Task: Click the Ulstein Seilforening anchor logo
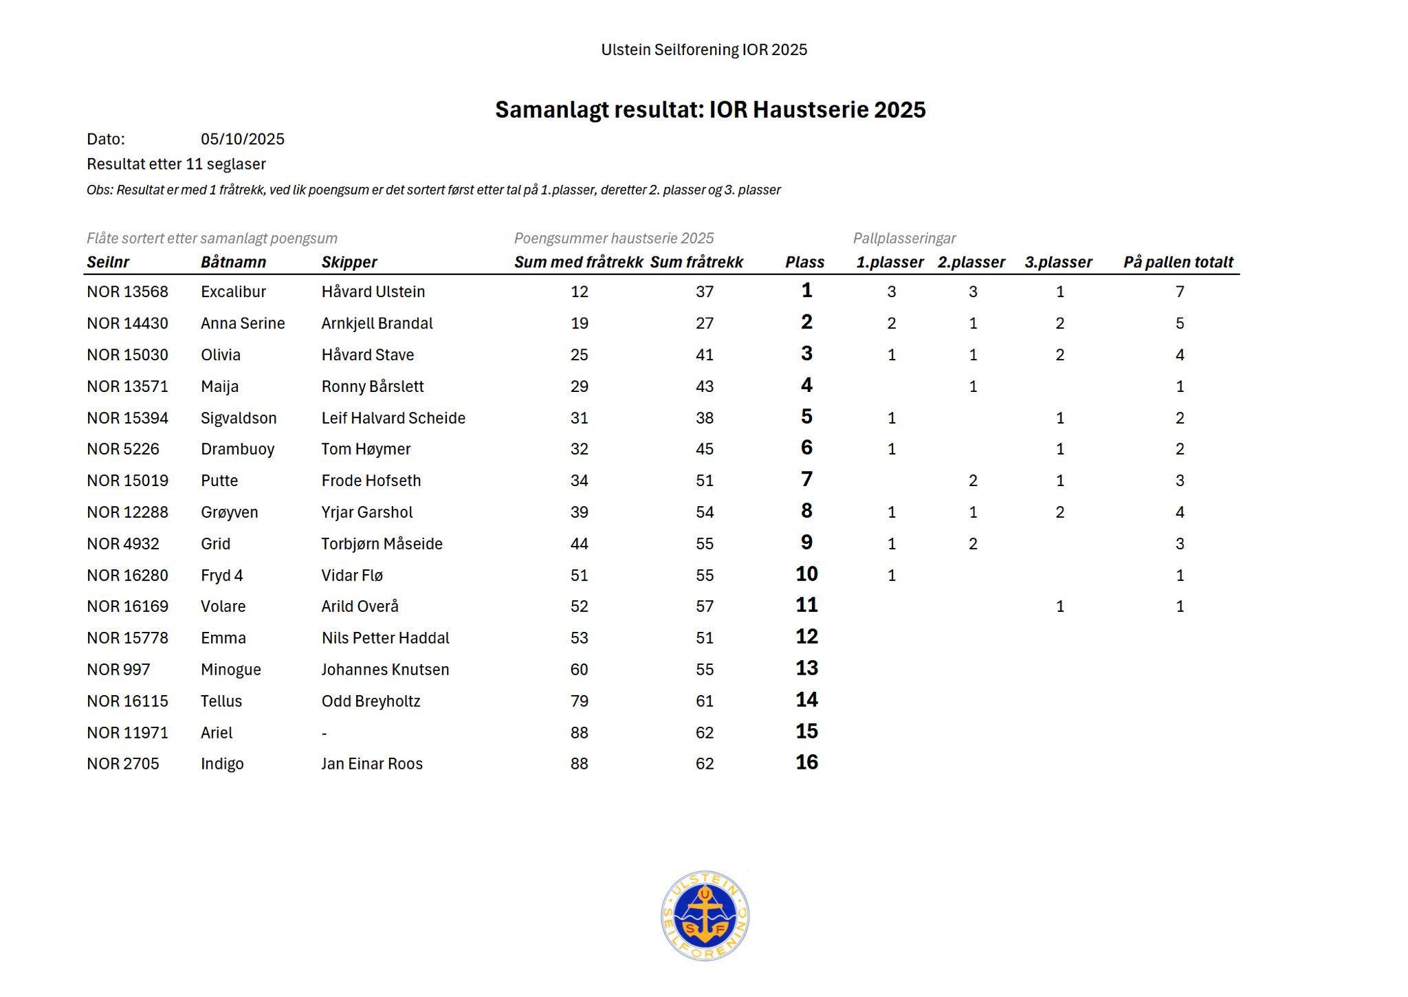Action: [x=705, y=916]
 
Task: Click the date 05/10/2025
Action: [x=242, y=140]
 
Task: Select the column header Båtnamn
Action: [x=233, y=262]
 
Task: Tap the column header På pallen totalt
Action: [x=1178, y=262]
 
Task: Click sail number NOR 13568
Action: [x=127, y=292]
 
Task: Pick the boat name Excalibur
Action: [x=233, y=292]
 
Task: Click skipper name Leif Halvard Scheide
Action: [x=393, y=418]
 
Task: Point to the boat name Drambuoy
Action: [x=237, y=449]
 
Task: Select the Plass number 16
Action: [x=806, y=763]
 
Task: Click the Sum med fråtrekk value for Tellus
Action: [x=579, y=701]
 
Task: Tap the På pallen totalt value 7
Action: [x=1180, y=292]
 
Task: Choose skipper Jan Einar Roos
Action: [x=372, y=764]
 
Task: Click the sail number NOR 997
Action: [x=118, y=670]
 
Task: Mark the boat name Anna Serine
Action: [x=243, y=323]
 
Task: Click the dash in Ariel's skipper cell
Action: [x=324, y=734]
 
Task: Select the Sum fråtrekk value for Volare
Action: [x=704, y=606]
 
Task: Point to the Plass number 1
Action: [x=806, y=290]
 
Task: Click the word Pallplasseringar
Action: [x=904, y=239]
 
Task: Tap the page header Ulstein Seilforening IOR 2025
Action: [x=704, y=50]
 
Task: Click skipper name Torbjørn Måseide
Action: [x=382, y=544]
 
